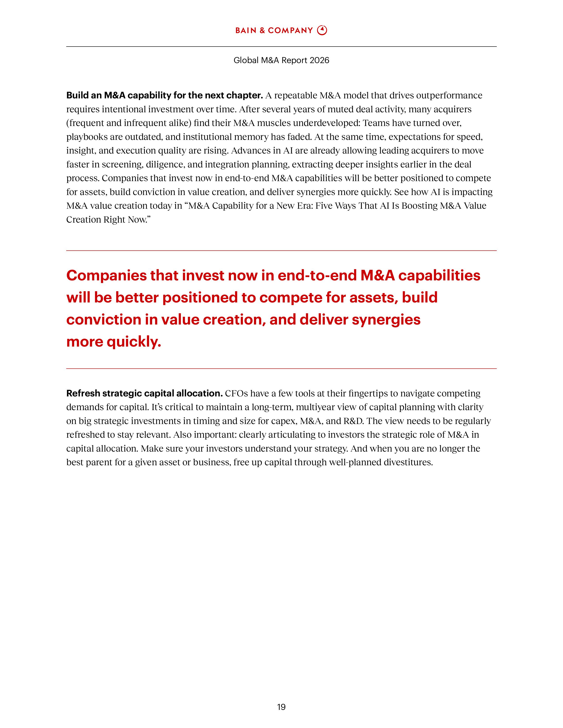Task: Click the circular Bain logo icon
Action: [322, 30]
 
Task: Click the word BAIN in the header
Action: [246, 31]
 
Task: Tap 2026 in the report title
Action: [319, 60]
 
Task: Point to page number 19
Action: [281, 707]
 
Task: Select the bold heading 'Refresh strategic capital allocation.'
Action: [144, 393]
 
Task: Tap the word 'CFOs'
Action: [236, 393]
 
